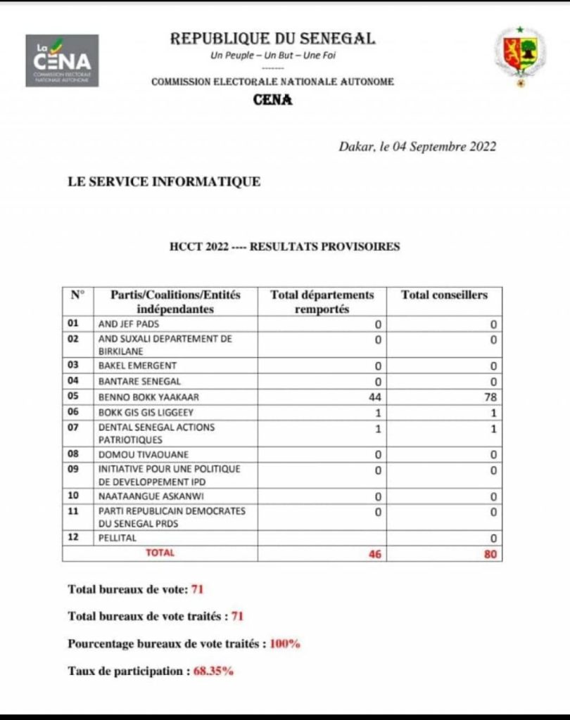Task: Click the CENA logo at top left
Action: tap(62, 60)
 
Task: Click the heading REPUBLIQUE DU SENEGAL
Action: tap(273, 39)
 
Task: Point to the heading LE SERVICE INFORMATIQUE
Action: tap(164, 182)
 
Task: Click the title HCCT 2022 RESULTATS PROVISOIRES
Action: tap(284, 247)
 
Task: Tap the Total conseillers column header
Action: tap(444, 295)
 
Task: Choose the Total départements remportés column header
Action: tap(322, 302)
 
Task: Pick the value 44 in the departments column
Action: tap(374, 397)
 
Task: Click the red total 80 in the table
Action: tap(490, 554)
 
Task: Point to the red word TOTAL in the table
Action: tap(160, 553)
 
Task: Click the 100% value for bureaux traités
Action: tap(284, 644)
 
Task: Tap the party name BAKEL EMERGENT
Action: tap(137, 366)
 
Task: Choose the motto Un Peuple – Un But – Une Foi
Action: tap(272, 56)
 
